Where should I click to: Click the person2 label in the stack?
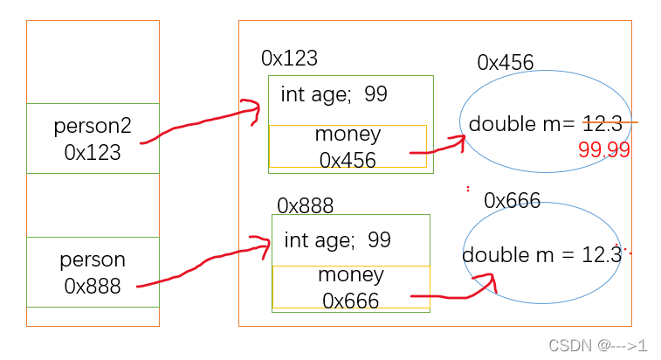point(93,126)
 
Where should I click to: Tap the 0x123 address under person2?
point(93,152)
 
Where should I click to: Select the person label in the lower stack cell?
point(93,260)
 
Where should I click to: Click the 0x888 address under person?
point(93,286)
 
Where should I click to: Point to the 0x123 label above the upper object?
point(289,59)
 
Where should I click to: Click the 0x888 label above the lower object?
point(305,205)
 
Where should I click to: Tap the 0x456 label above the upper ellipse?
point(506,62)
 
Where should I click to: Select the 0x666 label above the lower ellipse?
point(513,201)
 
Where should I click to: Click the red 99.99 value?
point(603,149)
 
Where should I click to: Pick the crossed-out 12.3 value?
point(602,123)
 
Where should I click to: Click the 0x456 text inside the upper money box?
point(348,160)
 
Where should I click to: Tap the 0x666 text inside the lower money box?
point(351,301)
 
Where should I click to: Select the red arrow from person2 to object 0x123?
point(201,122)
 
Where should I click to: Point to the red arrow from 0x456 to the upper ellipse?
point(437,147)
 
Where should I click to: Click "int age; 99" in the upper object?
point(334,94)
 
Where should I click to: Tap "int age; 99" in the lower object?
point(338,239)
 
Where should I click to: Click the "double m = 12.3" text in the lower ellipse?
point(541,254)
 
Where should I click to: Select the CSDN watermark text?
point(598,345)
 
